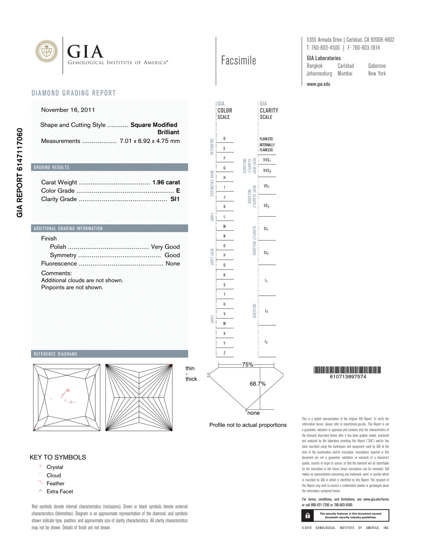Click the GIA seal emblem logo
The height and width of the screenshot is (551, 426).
click(x=46, y=51)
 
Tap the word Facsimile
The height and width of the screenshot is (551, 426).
click(x=238, y=61)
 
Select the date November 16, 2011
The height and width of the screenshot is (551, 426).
click(x=68, y=110)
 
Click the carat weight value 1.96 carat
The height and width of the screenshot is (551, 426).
click(x=166, y=182)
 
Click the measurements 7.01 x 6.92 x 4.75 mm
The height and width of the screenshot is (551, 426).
click(x=150, y=141)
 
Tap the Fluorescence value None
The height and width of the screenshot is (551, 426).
click(x=172, y=263)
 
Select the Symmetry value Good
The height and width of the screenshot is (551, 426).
click(x=172, y=255)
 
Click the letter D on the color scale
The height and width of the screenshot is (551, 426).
click(x=224, y=138)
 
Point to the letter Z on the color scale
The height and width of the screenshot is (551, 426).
click(x=224, y=353)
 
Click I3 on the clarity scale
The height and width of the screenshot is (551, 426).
click(x=266, y=342)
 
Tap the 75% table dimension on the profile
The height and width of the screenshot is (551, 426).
click(x=247, y=365)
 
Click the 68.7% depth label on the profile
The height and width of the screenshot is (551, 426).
click(x=257, y=384)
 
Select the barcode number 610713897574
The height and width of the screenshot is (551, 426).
click(x=348, y=377)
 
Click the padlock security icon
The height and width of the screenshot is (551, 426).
click(x=308, y=515)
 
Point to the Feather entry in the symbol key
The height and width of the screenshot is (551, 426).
click(x=55, y=483)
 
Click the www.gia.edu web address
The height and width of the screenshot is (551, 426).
click(x=318, y=84)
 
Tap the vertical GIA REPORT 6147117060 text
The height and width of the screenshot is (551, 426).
click(x=20, y=173)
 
